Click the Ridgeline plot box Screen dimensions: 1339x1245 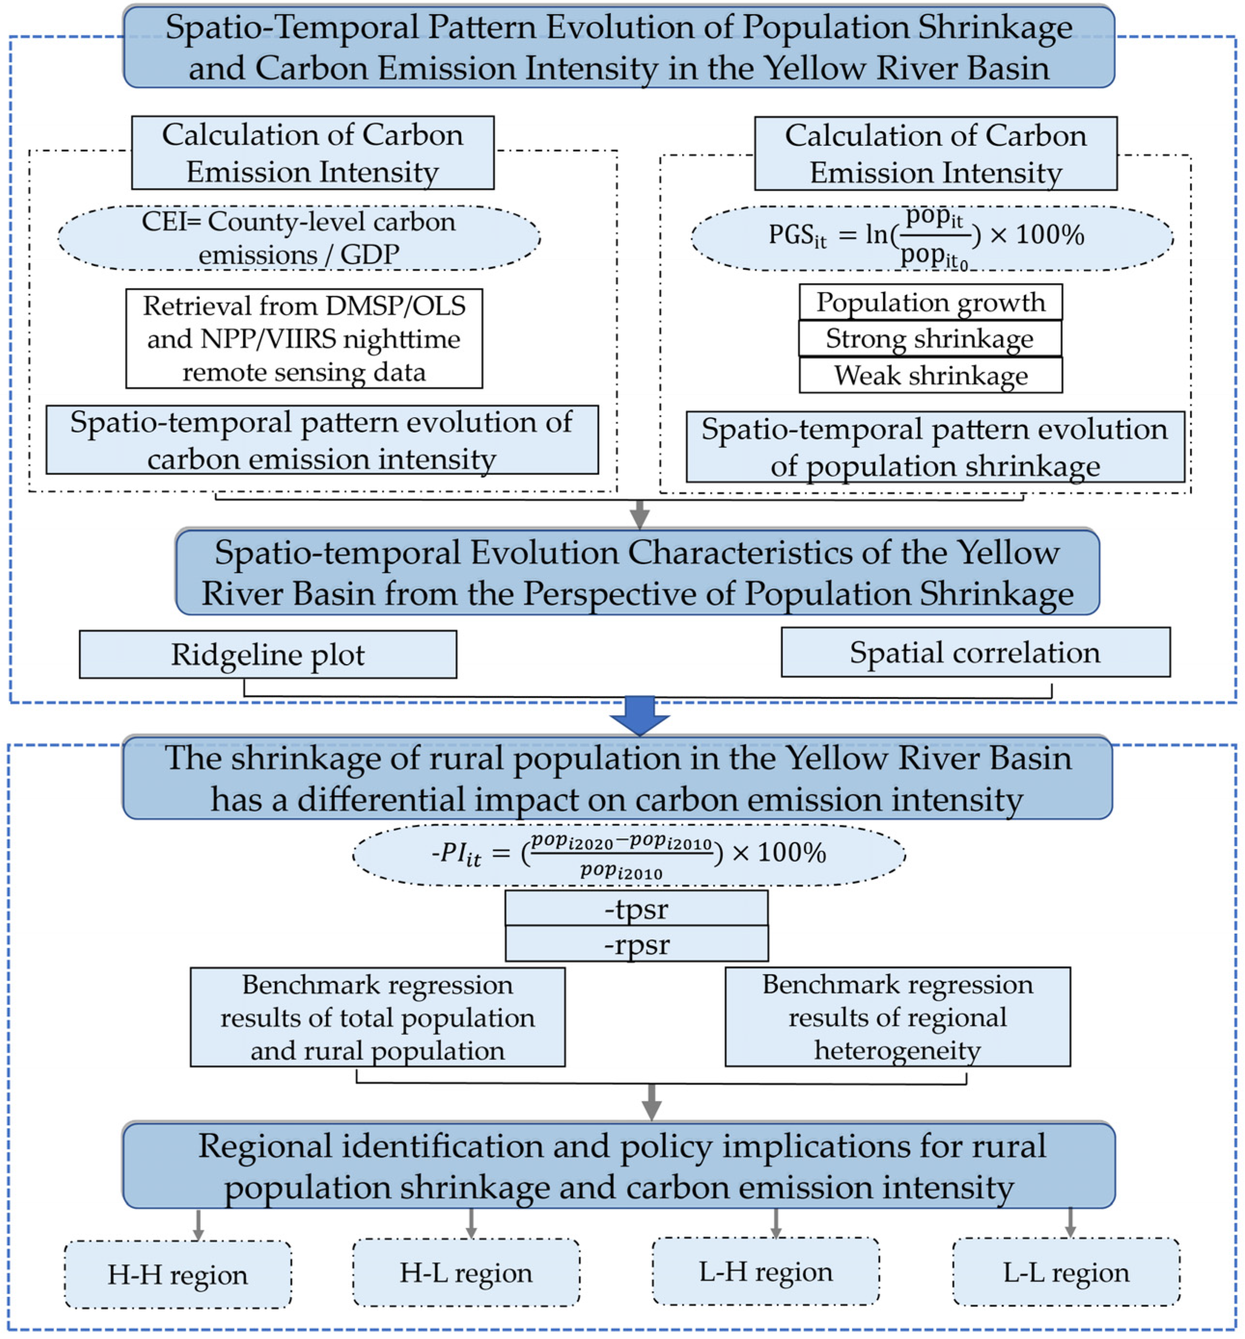267,654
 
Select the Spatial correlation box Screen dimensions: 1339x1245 975,652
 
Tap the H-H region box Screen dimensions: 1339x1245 178,1274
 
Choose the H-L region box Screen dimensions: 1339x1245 466,1272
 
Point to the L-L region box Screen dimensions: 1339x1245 1066,1272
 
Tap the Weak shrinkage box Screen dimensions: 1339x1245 930,375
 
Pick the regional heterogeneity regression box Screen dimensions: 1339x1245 897,1017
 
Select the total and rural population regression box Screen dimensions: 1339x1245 378,1017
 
